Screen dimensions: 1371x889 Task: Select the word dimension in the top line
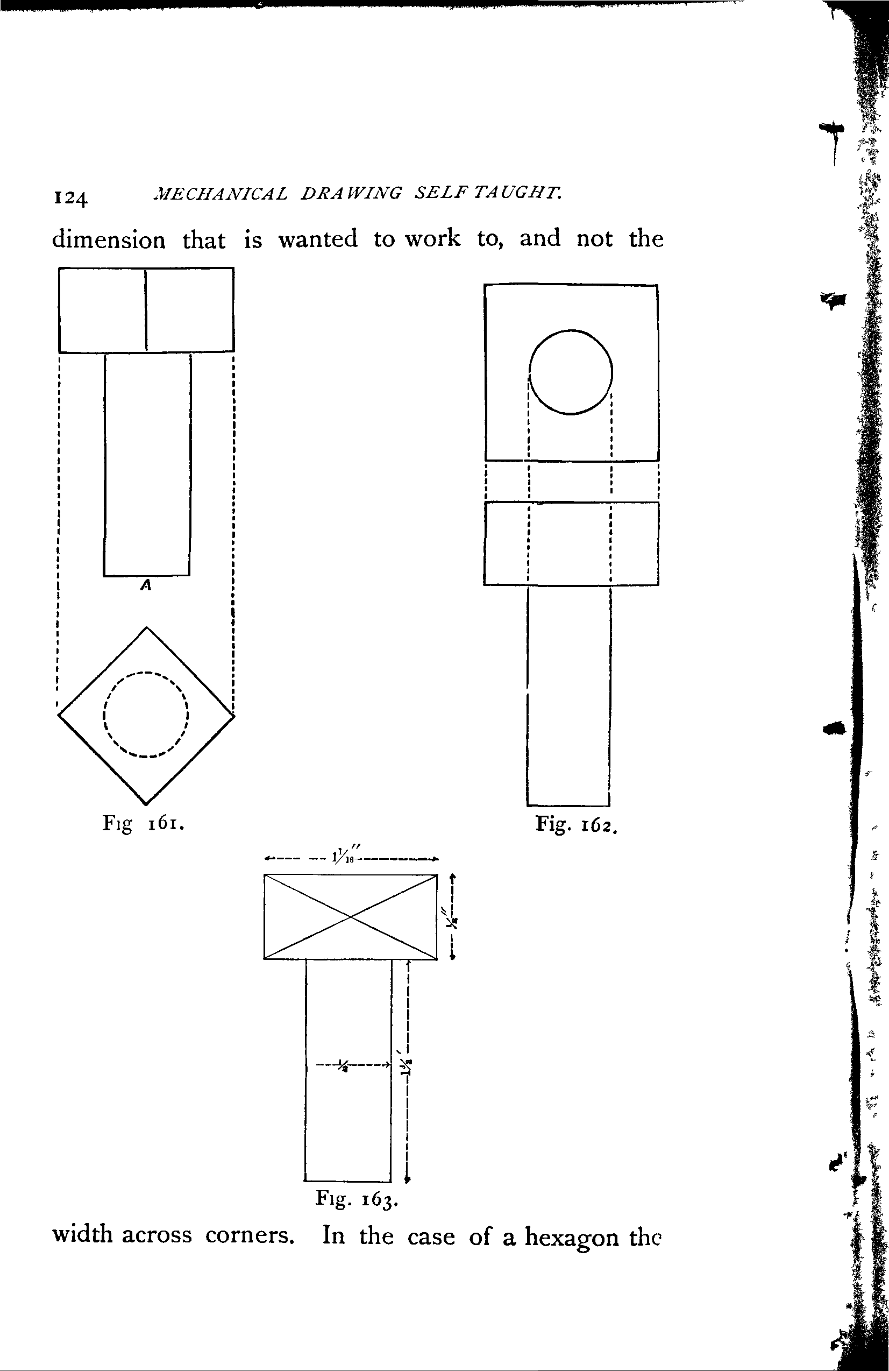(108, 239)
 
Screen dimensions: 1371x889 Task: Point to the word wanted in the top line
(318, 238)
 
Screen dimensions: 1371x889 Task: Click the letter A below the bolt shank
(146, 586)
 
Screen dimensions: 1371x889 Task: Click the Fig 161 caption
(144, 824)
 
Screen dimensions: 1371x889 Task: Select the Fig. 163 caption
(357, 1199)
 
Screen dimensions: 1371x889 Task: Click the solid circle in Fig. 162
(571, 372)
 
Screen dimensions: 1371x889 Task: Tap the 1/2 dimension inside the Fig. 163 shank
(343, 1064)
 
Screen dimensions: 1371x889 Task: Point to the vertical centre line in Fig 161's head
(146, 310)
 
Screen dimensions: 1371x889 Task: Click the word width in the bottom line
(82, 1235)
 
